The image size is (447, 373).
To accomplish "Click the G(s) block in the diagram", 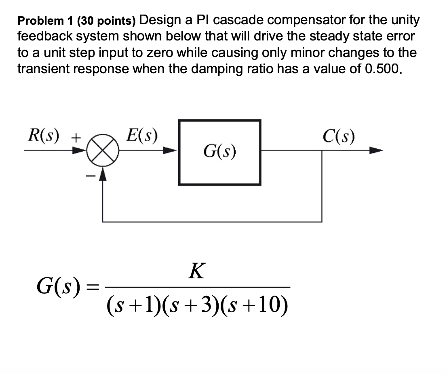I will coord(219,153).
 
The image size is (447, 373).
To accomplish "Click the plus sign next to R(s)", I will coord(76,137).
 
